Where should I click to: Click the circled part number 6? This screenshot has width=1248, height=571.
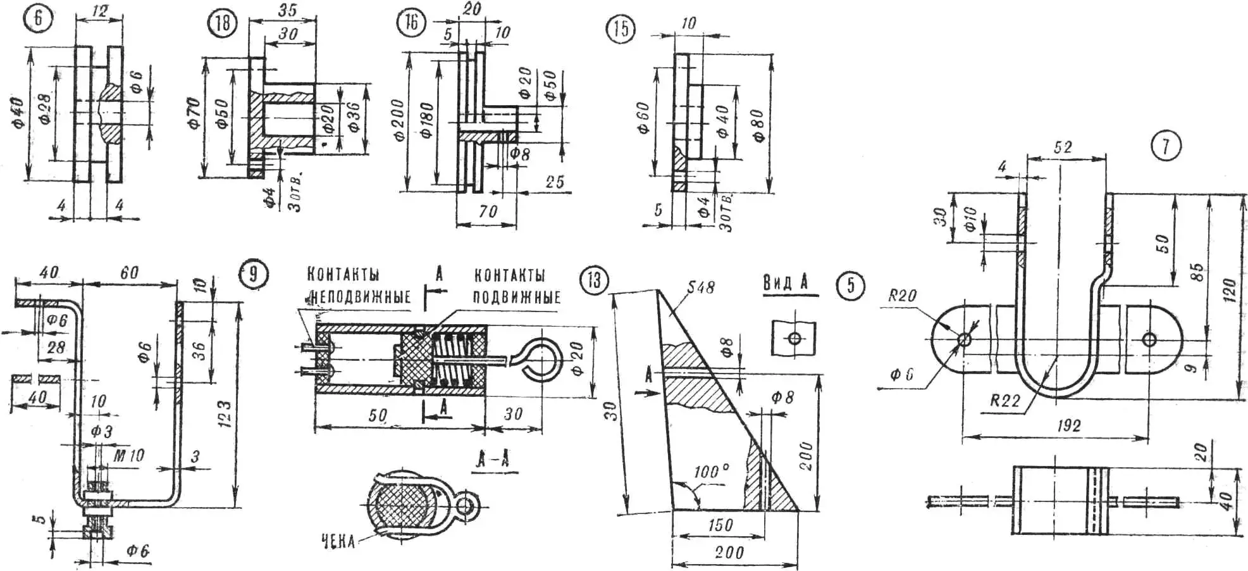39,18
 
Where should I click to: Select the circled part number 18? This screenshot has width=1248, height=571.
222,23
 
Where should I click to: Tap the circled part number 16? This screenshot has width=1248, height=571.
411,23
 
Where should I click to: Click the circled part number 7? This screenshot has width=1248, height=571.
1166,147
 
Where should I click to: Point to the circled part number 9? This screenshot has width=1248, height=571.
254,274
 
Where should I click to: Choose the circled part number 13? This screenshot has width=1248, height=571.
593,280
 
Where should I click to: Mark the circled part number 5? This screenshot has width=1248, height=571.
851,285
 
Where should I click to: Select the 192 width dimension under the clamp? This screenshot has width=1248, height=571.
1068,425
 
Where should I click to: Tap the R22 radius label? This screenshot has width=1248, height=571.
1004,400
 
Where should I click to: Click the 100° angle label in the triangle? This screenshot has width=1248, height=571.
711,472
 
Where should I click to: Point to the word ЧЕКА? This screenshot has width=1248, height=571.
338,542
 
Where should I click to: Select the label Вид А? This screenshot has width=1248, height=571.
786,283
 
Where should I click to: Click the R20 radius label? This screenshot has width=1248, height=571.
902,296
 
